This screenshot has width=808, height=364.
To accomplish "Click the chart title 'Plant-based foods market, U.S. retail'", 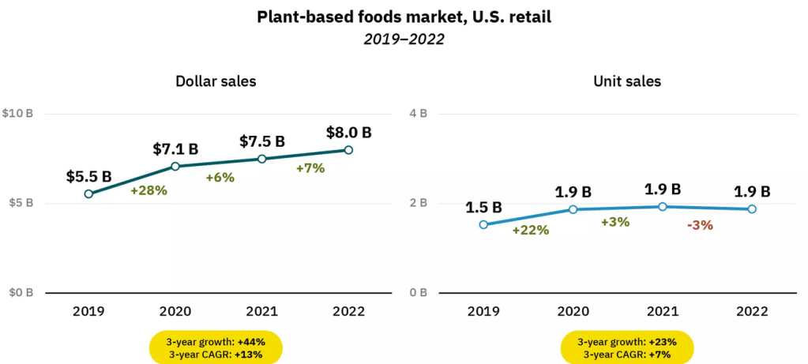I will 404,17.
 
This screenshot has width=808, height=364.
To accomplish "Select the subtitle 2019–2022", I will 404,39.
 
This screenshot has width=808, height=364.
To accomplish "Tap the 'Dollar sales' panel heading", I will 216,81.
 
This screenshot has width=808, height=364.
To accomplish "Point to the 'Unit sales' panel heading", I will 626,81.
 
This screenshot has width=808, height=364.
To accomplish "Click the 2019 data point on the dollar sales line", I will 88,193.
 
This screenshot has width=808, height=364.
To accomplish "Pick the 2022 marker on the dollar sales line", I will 348,150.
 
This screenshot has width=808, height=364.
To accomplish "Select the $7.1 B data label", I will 175,148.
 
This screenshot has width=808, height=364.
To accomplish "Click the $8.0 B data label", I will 348,132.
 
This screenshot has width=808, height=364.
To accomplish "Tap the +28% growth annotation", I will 148,190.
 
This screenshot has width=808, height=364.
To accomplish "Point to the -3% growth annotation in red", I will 700,224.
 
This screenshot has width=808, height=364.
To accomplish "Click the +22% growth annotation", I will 531,230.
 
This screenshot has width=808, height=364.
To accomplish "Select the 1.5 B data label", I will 483,207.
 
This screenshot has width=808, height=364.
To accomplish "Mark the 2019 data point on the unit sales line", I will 483,224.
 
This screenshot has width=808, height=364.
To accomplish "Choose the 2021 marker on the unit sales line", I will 663,207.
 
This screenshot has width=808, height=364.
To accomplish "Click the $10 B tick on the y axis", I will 17,114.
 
